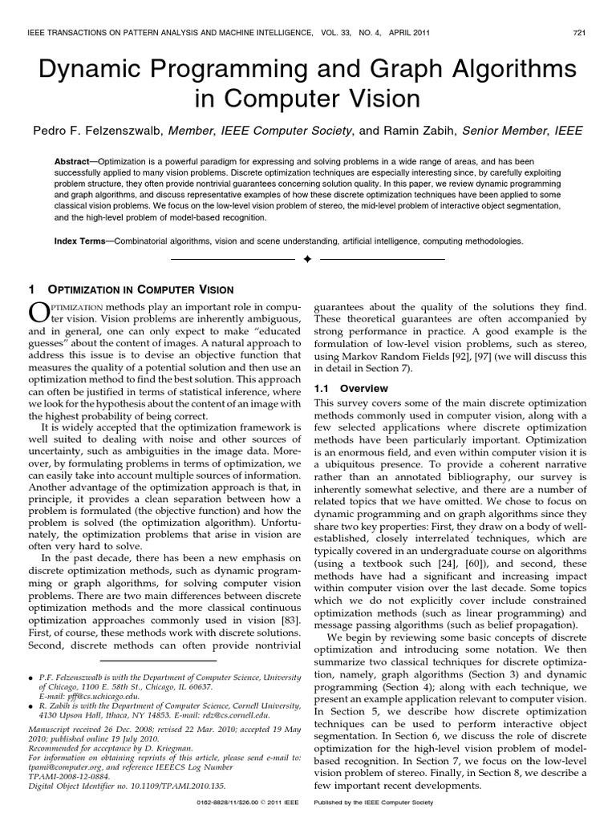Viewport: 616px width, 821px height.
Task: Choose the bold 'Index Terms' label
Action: coord(79,240)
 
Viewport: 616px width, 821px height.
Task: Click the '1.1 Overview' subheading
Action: coord(342,388)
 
